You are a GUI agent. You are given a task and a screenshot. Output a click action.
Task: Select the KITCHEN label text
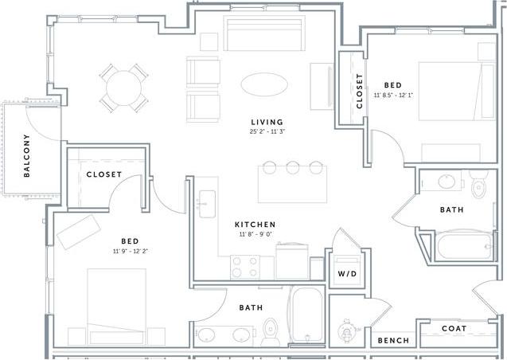(255, 225)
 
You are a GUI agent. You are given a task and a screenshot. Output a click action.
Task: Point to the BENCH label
(393, 340)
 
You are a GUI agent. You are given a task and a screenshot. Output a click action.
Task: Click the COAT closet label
(454, 328)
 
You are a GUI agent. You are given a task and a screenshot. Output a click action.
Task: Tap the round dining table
(124, 87)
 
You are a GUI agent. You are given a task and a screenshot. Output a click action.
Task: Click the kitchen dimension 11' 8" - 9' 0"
(255, 235)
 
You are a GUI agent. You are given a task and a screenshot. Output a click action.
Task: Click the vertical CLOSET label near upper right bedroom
(360, 90)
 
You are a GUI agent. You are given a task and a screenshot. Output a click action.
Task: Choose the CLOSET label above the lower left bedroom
(103, 174)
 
